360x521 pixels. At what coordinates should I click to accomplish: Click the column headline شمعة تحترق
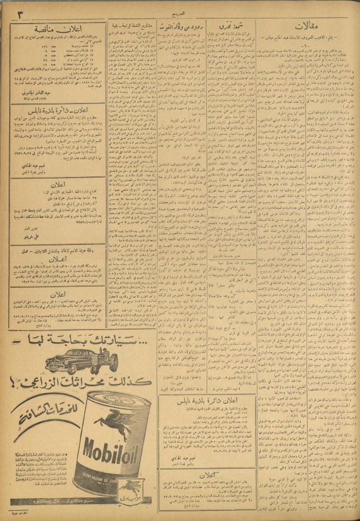pos(229,25)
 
